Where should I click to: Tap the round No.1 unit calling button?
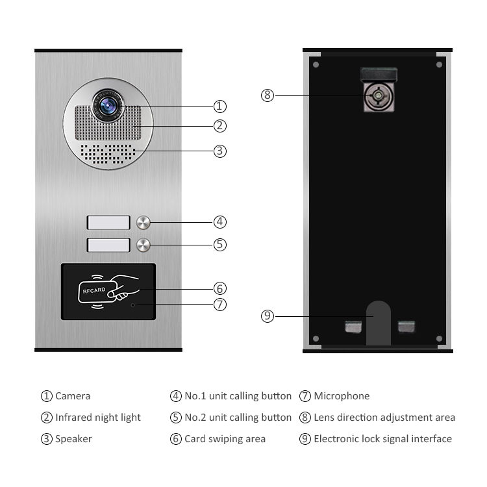point(144,223)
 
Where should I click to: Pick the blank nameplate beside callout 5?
point(108,245)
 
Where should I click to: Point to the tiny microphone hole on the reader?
point(134,304)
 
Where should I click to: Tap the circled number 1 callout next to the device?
point(220,106)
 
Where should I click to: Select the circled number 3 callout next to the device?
point(220,151)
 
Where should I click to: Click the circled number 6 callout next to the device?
point(220,288)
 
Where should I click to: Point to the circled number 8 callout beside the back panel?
point(268,95)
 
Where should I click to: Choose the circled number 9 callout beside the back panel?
point(268,316)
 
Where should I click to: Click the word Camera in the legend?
point(73,396)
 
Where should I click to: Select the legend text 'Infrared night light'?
point(98,418)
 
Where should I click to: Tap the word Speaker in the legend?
point(73,439)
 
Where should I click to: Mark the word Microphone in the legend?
point(342,396)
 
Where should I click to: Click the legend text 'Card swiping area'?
point(225,439)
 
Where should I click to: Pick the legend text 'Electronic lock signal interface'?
point(382,439)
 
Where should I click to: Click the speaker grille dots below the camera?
point(107,153)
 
